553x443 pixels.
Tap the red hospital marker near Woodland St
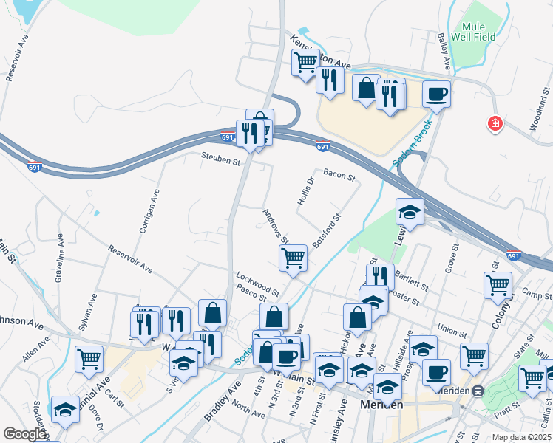point(495,124)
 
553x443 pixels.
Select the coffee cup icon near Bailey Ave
point(435,94)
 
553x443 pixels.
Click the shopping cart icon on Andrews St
point(293,258)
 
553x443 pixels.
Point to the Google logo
point(24,434)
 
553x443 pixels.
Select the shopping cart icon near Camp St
point(498,284)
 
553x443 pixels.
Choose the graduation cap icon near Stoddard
point(65,409)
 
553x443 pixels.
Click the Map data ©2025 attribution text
point(520,437)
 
